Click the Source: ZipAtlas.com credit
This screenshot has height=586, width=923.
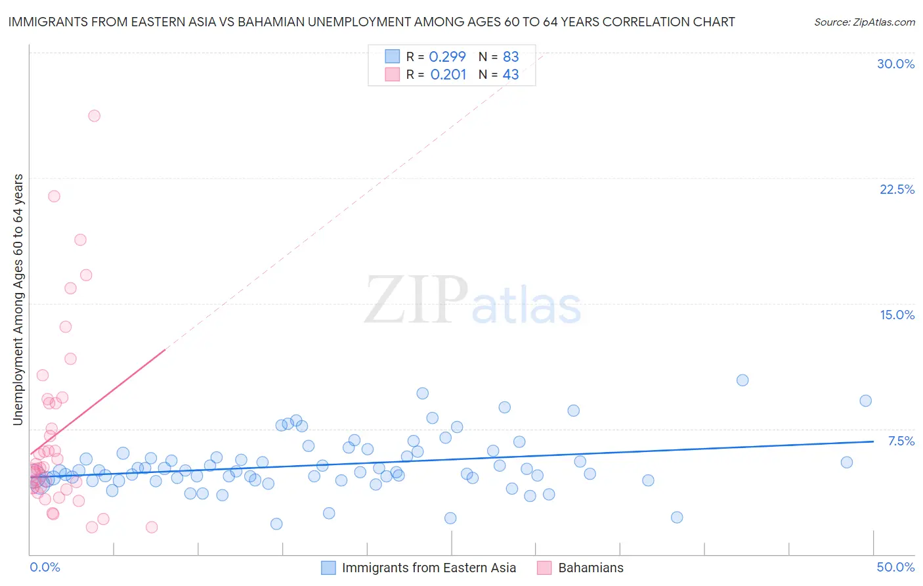pyautogui.click(x=864, y=22)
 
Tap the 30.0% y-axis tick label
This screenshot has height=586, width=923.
pyautogui.click(x=895, y=64)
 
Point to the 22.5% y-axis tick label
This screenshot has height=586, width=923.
pyautogui.click(x=897, y=189)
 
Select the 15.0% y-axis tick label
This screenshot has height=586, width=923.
pyautogui.click(x=897, y=315)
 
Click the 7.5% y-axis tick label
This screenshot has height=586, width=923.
pyautogui.click(x=901, y=441)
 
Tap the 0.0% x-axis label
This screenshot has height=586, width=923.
pyautogui.click(x=45, y=567)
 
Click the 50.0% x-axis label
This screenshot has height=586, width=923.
pyautogui.click(x=895, y=567)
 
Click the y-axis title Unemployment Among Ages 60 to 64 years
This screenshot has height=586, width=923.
pyautogui.click(x=18, y=300)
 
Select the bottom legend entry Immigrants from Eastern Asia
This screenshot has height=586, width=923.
pyautogui.click(x=429, y=568)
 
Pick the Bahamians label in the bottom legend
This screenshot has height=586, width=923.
pyautogui.click(x=590, y=568)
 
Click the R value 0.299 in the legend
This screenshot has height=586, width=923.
pyautogui.click(x=447, y=57)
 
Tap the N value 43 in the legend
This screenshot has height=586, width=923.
pyautogui.click(x=510, y=75)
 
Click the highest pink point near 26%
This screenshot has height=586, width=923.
pyautogui.click(x=94, y=116)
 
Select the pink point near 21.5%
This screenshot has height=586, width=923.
pyautogui.click(x=54, y=196)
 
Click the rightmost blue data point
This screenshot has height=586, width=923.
pyautogui.click(x=865, y=401)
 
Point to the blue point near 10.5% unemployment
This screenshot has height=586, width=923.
pyautogui.click(x=742, y=380)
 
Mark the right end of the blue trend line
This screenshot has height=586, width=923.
pyautogui.click(x=873, y=441)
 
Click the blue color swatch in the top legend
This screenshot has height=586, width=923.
pyautogui.click(x=392, y=57)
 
